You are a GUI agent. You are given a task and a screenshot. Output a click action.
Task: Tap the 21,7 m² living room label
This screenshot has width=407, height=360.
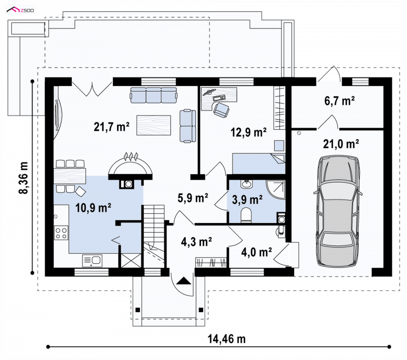111,127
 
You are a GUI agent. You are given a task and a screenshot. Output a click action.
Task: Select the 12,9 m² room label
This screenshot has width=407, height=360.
249,132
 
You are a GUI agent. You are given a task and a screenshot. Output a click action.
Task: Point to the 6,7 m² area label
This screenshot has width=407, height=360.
339,101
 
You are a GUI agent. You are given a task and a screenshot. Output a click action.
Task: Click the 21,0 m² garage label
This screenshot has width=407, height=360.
341,144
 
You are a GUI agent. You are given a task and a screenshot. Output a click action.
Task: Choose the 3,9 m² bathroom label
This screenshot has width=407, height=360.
247,200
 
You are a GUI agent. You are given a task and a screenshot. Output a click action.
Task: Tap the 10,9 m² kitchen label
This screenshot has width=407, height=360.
94,208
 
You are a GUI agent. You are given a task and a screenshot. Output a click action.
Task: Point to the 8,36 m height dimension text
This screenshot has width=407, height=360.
23,178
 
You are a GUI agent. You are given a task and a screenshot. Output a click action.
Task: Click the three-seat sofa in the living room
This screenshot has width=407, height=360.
154,95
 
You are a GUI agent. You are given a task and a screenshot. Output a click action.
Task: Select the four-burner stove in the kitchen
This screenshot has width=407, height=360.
61,233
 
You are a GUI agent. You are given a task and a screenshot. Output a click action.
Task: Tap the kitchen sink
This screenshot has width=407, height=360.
93,261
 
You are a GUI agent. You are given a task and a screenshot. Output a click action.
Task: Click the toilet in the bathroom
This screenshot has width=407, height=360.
246,215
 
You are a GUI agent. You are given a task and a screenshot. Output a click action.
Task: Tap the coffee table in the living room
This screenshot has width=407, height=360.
154,125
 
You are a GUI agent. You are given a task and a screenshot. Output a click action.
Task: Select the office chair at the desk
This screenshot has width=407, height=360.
221,109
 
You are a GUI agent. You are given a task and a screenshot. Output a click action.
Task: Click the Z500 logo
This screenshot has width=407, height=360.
20,10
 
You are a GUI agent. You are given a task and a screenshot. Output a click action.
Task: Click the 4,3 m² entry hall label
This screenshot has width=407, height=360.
196,242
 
